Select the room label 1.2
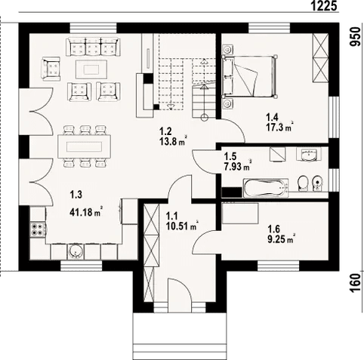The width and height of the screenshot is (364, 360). tap(167, 129)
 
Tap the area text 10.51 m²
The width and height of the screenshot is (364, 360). tap(181, 225)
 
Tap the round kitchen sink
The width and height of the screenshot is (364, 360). tap(74, 252)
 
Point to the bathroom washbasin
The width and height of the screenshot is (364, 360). tap(309, 157)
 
